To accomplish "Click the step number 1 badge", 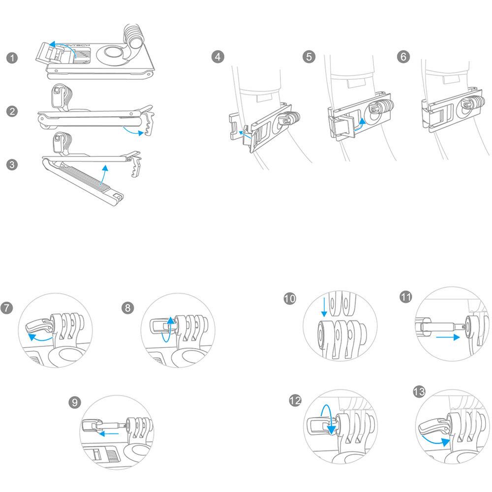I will point(13,58).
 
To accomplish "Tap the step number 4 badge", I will point(218,57).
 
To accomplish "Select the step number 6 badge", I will point(403,57).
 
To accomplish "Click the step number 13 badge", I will point(420,392).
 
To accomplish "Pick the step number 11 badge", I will point(406,298).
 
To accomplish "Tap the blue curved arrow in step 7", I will point(40,338).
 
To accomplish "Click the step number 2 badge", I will point(13,111).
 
